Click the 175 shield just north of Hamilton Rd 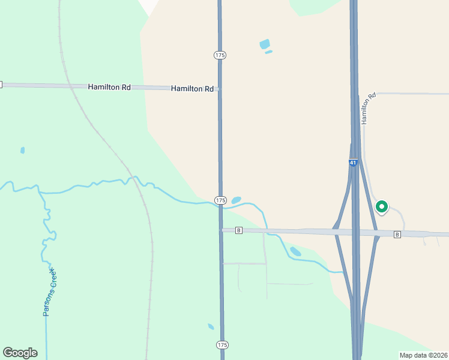click(220, 55)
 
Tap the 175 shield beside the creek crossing click(220, 200)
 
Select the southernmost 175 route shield click(222, 345)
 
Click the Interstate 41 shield click(353, 163)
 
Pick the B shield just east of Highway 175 click(239, 230)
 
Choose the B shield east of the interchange click(397, 234)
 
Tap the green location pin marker click(382, 207)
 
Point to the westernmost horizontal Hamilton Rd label click(109, 87)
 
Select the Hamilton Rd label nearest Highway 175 click(192, 89)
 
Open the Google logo click(20, 353)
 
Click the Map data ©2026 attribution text click(423, 355)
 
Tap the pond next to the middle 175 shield click(236, 200)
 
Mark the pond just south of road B click(295, 251)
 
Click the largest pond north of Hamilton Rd click(264, 44)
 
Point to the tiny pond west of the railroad click(23, 150)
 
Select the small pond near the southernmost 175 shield click(211, 327)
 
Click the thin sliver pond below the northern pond click(268, 52)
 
